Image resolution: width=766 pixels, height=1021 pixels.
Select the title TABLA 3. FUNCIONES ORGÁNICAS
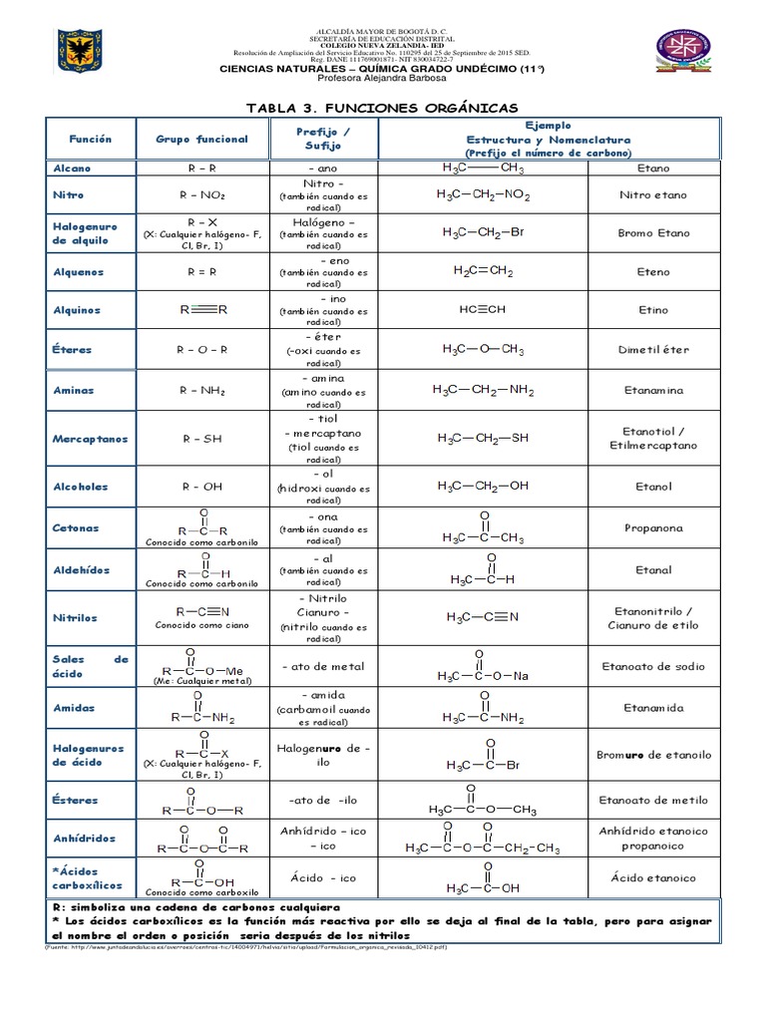tap(382, 108)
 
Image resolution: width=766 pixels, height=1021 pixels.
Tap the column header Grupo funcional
tap(201, 139)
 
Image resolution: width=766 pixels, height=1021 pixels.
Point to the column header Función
tap(90, 139)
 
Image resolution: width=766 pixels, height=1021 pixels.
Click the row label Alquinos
tap(77, 310)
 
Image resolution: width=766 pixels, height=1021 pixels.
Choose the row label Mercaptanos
tap(89, 438)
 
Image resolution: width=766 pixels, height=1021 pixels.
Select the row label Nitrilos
tap(75, 618)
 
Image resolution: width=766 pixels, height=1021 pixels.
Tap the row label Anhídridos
tap(84, 839)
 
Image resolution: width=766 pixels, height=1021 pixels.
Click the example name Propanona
tap(653, 528)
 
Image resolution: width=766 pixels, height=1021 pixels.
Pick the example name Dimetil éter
tap(653, 350)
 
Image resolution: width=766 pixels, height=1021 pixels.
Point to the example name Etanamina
tap(653, 391)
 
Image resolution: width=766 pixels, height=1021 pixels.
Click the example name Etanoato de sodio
tap(653, 666)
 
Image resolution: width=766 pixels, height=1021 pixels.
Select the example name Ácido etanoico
tap(653, 878)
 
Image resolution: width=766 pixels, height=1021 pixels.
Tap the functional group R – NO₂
tap(201, 195)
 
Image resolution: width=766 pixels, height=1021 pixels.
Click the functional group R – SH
tap(201, 438)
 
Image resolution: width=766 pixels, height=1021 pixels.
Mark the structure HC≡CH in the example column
tap(483, 309)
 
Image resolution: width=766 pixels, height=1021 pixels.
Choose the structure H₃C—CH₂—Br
tap(483, 232)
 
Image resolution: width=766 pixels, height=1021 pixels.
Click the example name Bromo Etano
tap(653, 232)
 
